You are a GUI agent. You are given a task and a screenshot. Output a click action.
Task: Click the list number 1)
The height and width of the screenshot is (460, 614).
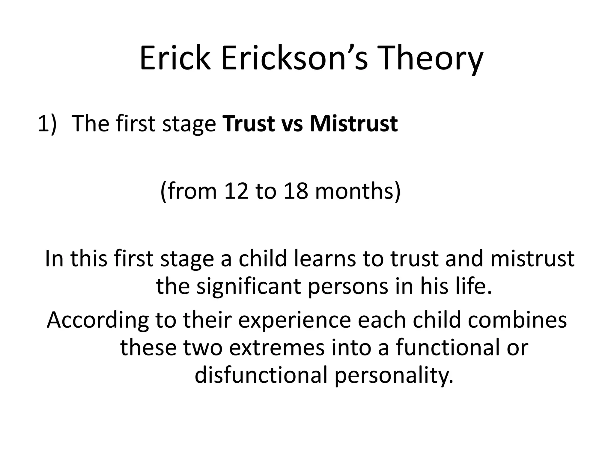point(47,123)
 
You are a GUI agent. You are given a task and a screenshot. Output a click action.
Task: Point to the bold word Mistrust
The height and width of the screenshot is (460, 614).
point(353,123)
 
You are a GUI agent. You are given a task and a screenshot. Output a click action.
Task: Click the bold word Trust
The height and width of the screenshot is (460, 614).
point(248,123)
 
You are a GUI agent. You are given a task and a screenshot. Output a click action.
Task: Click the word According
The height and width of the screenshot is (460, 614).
point(98,320)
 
